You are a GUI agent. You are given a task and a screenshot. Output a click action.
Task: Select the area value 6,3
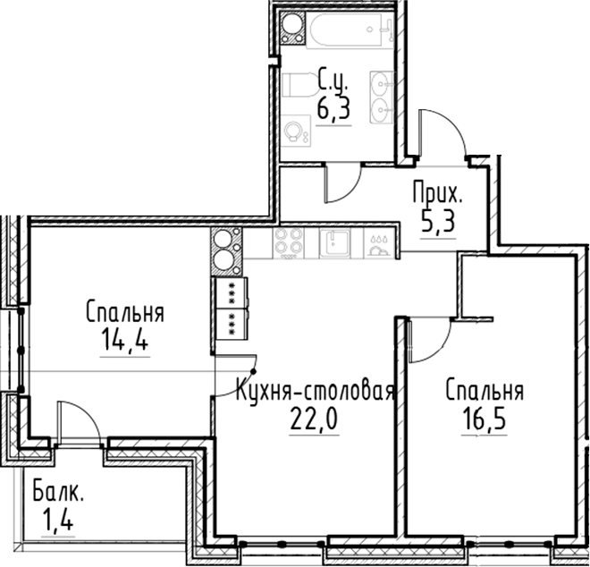[x=333, y=110]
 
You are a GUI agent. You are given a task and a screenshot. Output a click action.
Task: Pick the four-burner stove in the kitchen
[x=288, y=241]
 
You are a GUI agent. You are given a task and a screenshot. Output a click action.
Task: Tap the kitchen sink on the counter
[x=336, y=241]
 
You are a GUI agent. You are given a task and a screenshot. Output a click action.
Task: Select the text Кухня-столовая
[x=314, y=391]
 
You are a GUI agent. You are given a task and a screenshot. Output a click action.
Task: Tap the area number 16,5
[x=482, y=419]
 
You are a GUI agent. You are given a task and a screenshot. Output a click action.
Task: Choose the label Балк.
[x=59, y=491]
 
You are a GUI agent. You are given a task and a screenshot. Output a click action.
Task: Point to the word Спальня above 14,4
[x=124, y=313]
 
